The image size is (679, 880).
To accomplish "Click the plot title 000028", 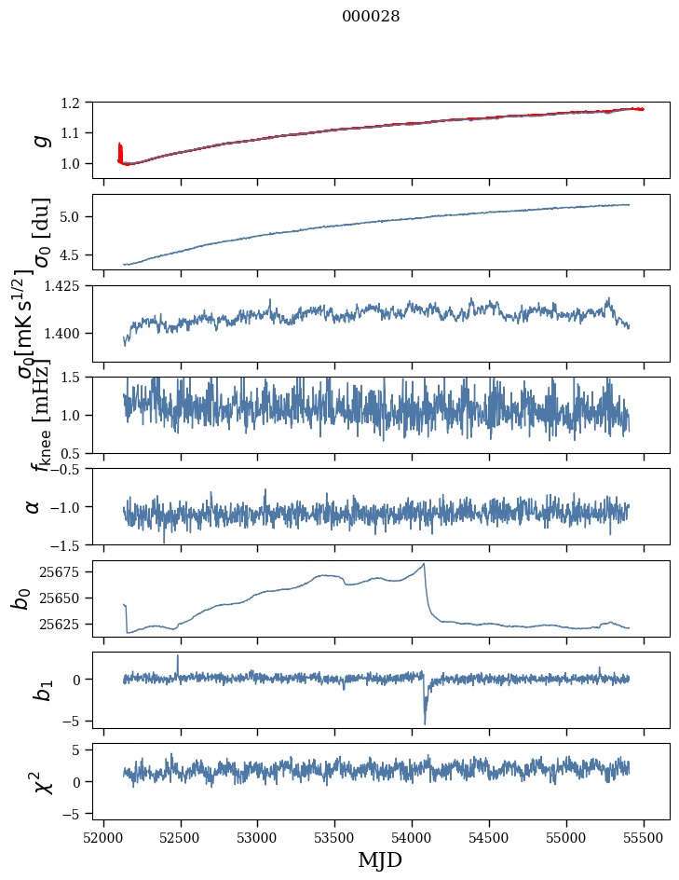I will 371,17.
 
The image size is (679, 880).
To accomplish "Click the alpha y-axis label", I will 34,506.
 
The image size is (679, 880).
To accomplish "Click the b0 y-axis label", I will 20,598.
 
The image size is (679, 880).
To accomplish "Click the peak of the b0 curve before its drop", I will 424,564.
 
